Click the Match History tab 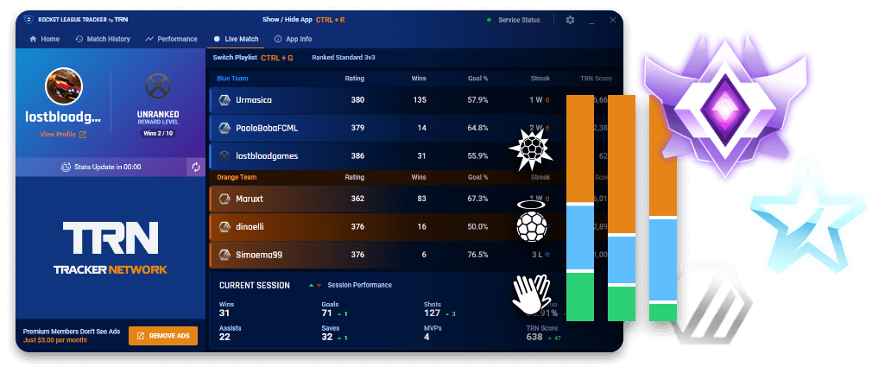103,39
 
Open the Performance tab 171,39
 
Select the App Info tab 293,39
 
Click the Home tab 45,39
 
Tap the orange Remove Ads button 163,336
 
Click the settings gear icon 570,19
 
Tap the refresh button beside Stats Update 196,167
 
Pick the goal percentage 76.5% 477,255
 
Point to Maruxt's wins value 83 420,198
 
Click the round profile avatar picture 64,87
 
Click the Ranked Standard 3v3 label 344,58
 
